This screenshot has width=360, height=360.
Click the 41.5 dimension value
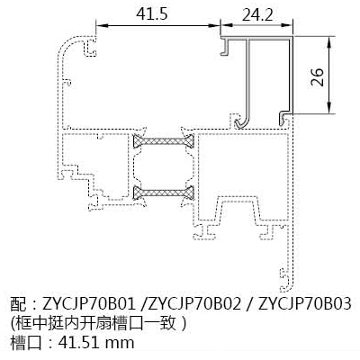click(152, 14)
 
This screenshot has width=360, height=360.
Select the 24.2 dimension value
click(257, 14)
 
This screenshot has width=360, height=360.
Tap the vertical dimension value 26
click(317, 77)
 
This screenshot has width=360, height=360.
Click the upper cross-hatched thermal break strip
click(164, 140)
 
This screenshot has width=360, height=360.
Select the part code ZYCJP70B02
click(195, 304)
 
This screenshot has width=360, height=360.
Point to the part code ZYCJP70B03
click(304, 304)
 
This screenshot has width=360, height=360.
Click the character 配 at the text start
click(18, 304)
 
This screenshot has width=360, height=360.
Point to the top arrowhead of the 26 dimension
click(329, 42)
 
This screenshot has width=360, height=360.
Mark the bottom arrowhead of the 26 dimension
click(329, 108)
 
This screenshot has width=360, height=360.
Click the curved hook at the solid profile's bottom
click(243, 121)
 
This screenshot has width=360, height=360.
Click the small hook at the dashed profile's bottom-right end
click(285, 280)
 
